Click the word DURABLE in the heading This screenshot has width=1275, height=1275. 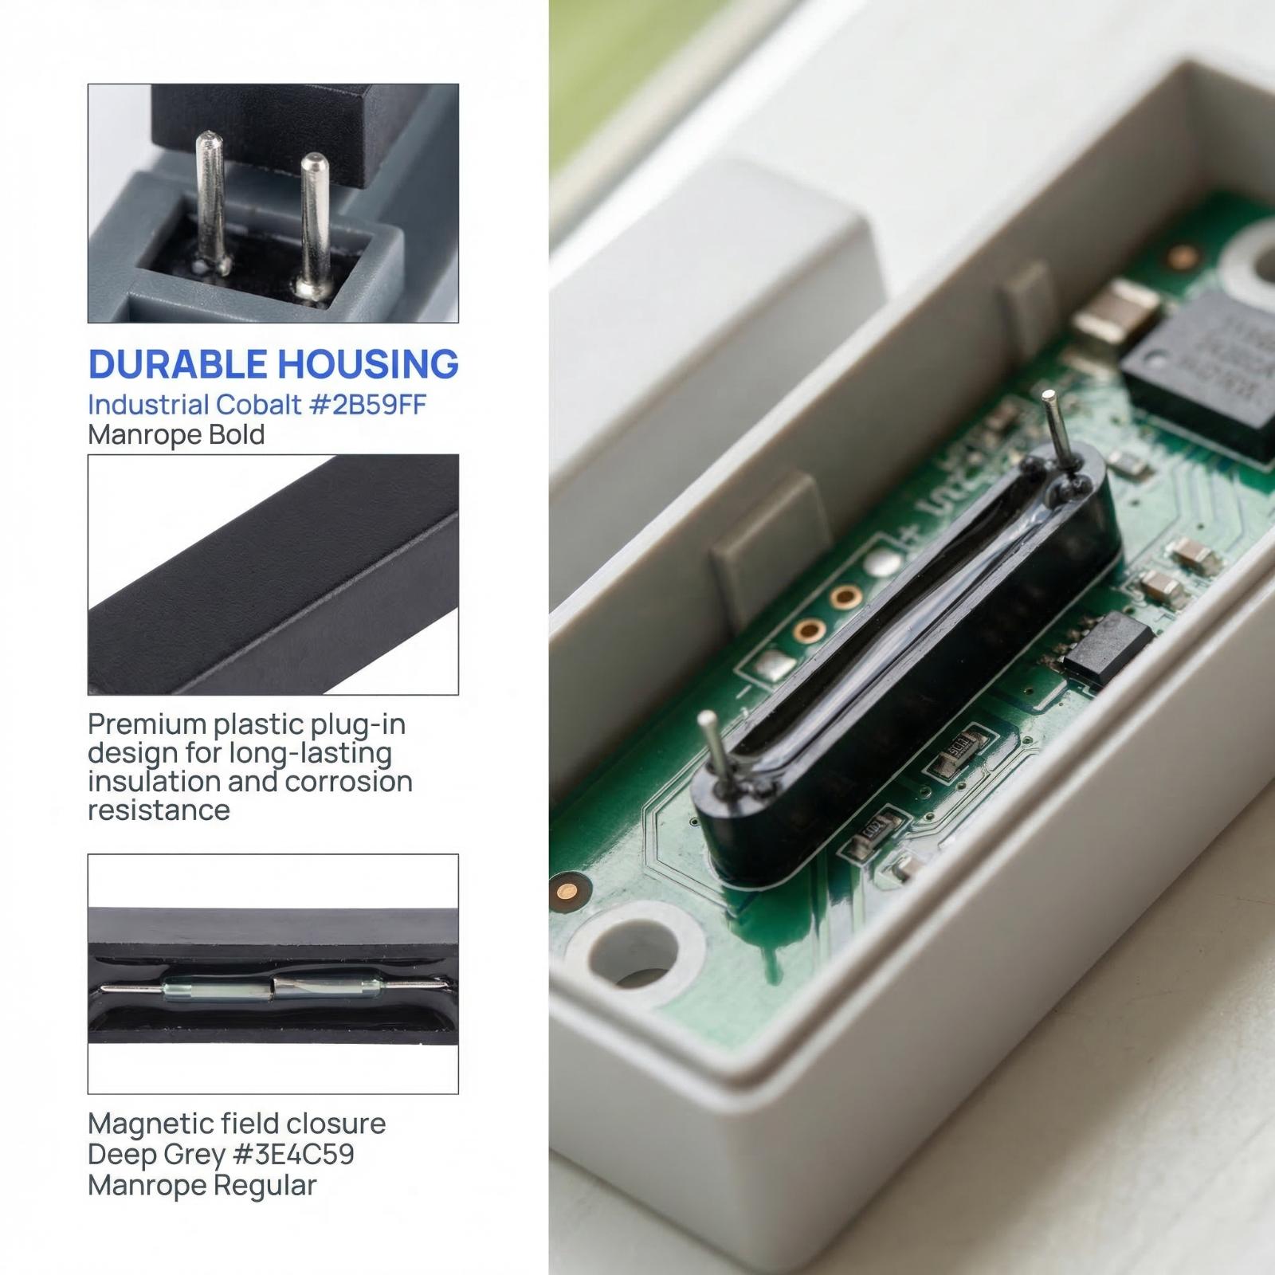[178, 364]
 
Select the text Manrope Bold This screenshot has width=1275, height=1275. [176, 435]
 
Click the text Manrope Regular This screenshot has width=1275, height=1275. [202, 1185]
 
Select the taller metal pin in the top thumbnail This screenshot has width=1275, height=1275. [213, 203]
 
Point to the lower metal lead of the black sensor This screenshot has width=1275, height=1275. [715, 751]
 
